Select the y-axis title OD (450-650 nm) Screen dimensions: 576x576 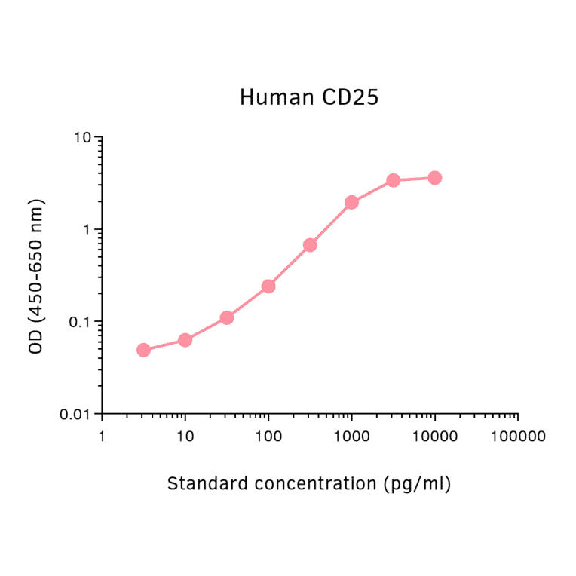pos(35,276)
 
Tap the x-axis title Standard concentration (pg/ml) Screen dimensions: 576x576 pos(309,483)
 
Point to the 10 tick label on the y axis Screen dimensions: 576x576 pos(83,138)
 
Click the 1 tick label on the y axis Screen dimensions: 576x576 pos(87,230)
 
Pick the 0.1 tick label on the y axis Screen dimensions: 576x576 pos(79,323)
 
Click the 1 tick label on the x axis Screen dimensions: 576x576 pos(102,436)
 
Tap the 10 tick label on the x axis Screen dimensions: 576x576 pos(185,436)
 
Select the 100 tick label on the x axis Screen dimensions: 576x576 pos(268,436)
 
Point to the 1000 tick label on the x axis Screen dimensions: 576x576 pos(351,436)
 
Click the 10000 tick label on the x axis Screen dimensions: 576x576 pos(434,436)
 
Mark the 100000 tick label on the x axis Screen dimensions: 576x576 pos(517,436)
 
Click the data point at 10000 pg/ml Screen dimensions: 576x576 pos(434,178)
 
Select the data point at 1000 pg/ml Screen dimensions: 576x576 pos(351,202)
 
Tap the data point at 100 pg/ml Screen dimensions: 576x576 pos(268,286)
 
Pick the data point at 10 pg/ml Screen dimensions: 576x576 pos(185,340)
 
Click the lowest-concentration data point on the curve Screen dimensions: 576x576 pos(143,350)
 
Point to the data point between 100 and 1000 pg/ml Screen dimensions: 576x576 pos(310,245)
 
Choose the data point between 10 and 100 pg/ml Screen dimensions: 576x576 pos(227,317)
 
